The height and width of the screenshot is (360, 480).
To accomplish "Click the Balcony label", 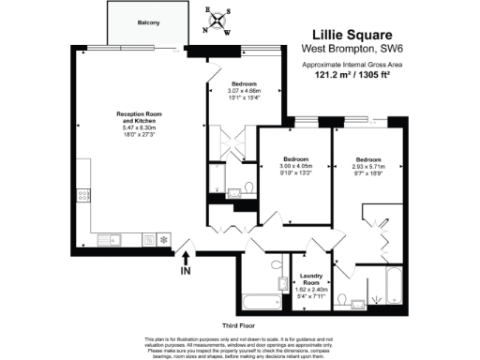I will click(146, 22).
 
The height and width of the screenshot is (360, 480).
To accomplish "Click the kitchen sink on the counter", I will click(114, 240).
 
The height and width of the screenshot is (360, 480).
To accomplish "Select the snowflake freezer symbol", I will click(164, 240).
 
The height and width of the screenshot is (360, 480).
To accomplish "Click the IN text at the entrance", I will click(186, 272).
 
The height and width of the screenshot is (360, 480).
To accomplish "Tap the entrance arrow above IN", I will click(186, 256).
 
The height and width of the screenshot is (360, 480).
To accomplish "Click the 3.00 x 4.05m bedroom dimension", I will click(293, 166).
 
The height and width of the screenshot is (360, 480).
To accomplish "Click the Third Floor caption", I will click(238, 324).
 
